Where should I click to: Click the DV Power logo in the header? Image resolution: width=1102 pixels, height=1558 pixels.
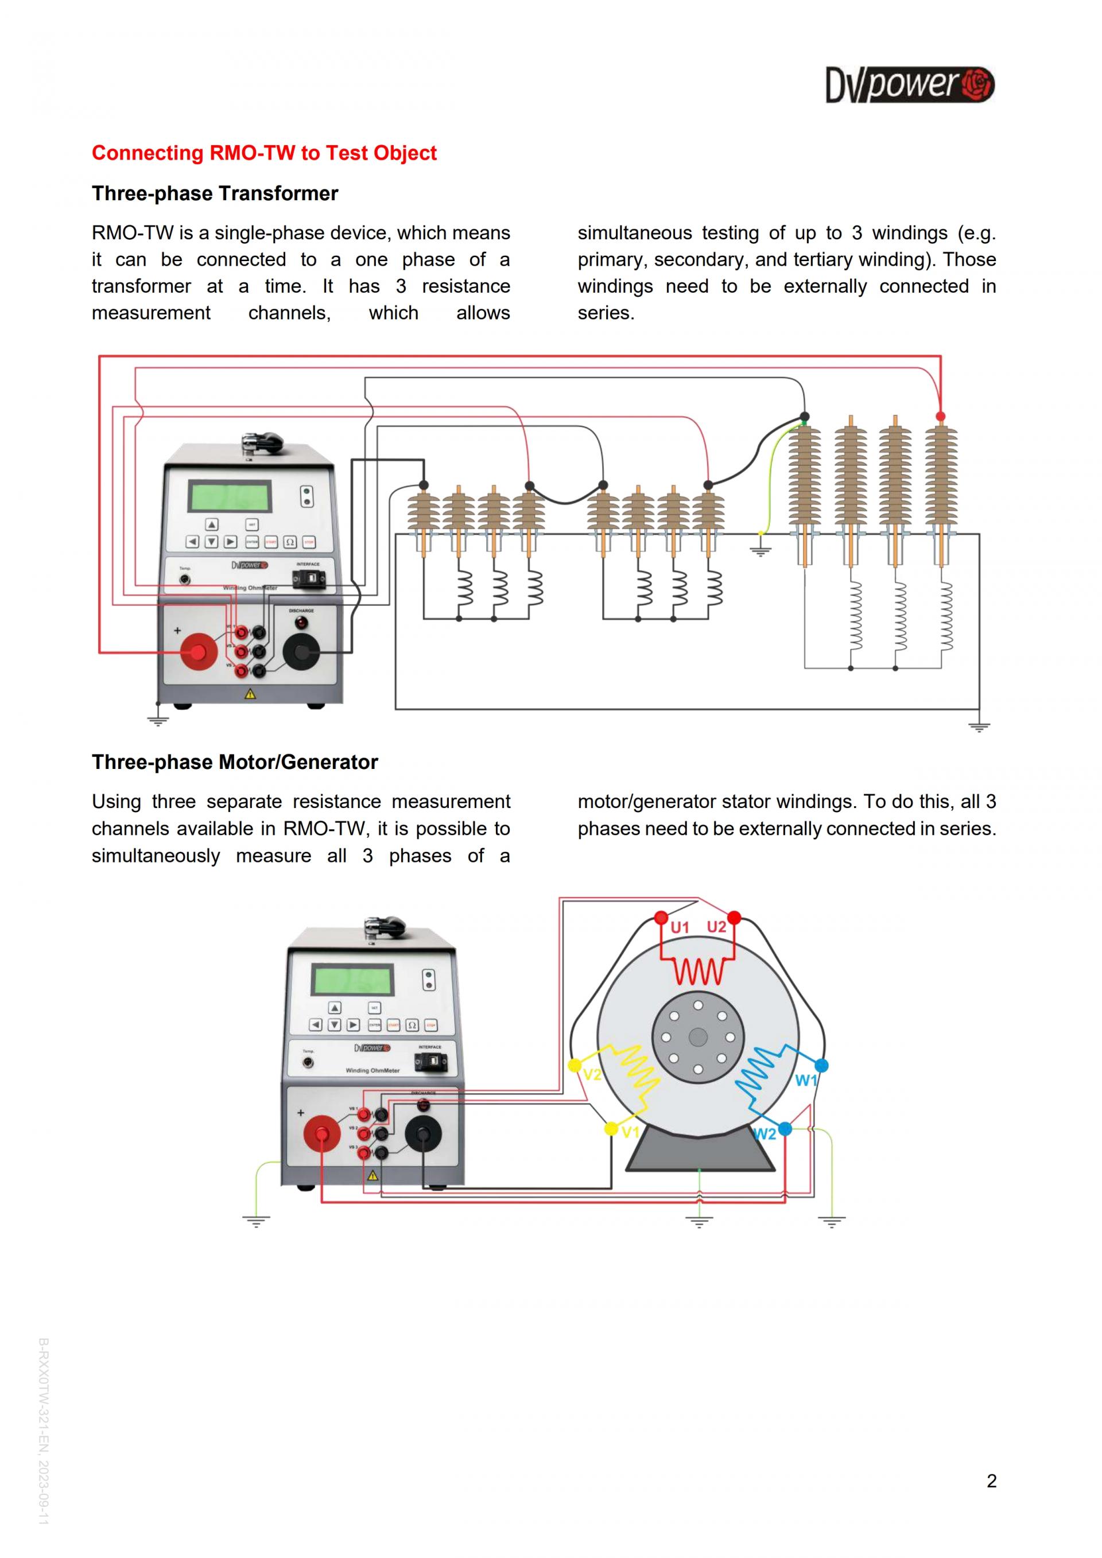click(x=909, y=85)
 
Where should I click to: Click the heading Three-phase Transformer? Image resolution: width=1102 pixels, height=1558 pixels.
click(x=215, y=193)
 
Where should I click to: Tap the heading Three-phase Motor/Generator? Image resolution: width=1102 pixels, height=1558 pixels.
click(x=235, y=762)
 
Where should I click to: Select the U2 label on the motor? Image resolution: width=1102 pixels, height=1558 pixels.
click(x=716, y=927)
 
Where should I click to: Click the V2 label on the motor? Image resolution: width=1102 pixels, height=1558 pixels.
click(x=592, y=1074)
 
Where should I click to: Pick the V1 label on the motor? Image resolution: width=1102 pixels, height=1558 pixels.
click(x=630, y=1131)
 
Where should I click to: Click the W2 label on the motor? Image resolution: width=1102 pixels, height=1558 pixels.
click(x=765, y=1134)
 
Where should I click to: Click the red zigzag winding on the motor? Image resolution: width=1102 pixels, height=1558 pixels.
click(x=699, y=972)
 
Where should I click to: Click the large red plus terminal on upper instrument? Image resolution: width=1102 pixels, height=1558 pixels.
click(x=198, y=652)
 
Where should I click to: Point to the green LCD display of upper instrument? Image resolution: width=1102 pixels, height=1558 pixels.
click(x=230, y=498)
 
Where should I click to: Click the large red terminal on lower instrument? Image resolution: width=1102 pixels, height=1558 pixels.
click(x=321, y=1133)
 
